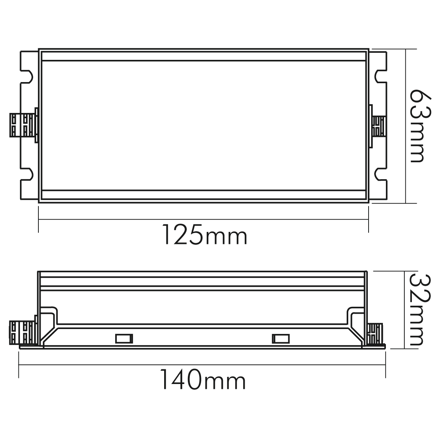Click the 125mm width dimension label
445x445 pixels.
click(205, 235)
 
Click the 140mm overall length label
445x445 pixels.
click(203, 379)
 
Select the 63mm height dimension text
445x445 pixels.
click(421, 126)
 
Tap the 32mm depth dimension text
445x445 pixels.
click(420, 310)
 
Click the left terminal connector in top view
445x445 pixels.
click(24, 125)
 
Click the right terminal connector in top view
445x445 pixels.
click(378, 126)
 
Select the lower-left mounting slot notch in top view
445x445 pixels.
click(27, 174)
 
